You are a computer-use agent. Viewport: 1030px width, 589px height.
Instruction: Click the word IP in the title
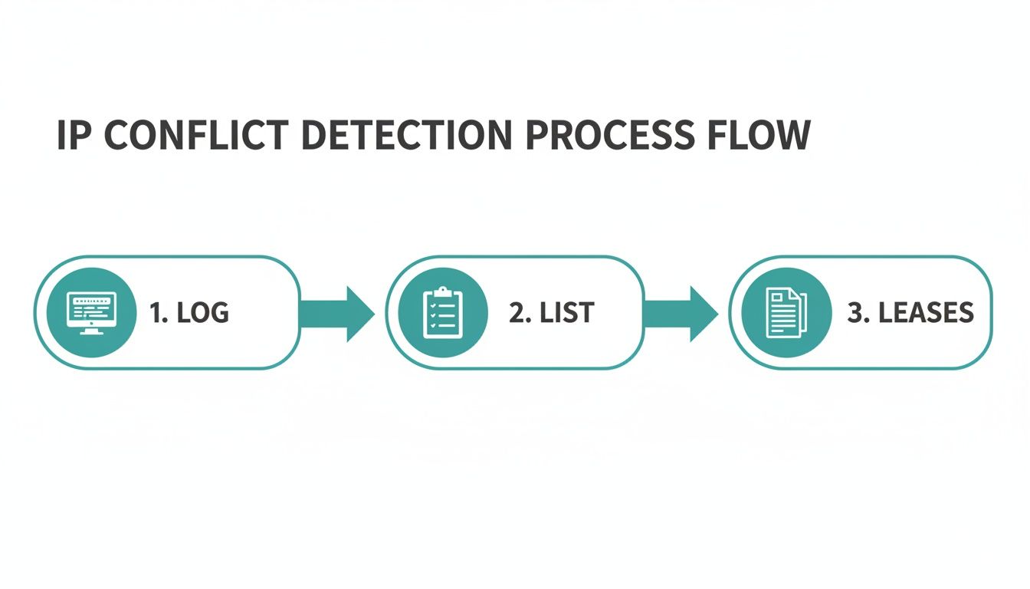[74, 136]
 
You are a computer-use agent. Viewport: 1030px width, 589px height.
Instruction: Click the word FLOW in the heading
[761, 136]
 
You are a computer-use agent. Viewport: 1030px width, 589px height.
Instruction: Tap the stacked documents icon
[786, 313]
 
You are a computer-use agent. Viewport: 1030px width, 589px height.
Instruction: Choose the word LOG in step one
[202, 313]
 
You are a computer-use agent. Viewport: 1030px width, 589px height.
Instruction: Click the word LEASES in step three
[926, 313]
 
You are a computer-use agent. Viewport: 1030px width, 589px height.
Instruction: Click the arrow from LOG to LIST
[337, 313]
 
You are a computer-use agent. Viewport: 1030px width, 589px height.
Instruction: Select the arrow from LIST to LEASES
[681, 313]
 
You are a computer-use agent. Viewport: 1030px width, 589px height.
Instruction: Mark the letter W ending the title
[792, 136]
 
